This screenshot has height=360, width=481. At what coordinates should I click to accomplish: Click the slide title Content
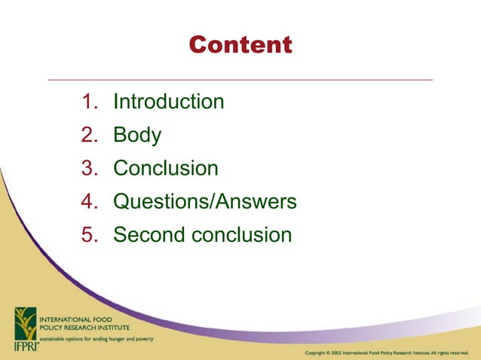(240, 45)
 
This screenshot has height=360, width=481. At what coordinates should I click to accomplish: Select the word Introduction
(168, 102)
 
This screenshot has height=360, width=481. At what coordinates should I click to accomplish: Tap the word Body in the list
(137, 135)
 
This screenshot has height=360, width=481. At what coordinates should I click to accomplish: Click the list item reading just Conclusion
(166, 168)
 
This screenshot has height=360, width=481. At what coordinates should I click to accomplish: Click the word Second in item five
(148, 234)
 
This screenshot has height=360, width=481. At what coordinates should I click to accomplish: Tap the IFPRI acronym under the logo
(23, 345)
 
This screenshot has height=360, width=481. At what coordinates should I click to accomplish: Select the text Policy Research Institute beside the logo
(84, 328)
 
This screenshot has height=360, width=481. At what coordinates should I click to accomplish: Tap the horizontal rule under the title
(240, 79)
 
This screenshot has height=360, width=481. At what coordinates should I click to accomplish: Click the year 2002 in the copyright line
(336, 352)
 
